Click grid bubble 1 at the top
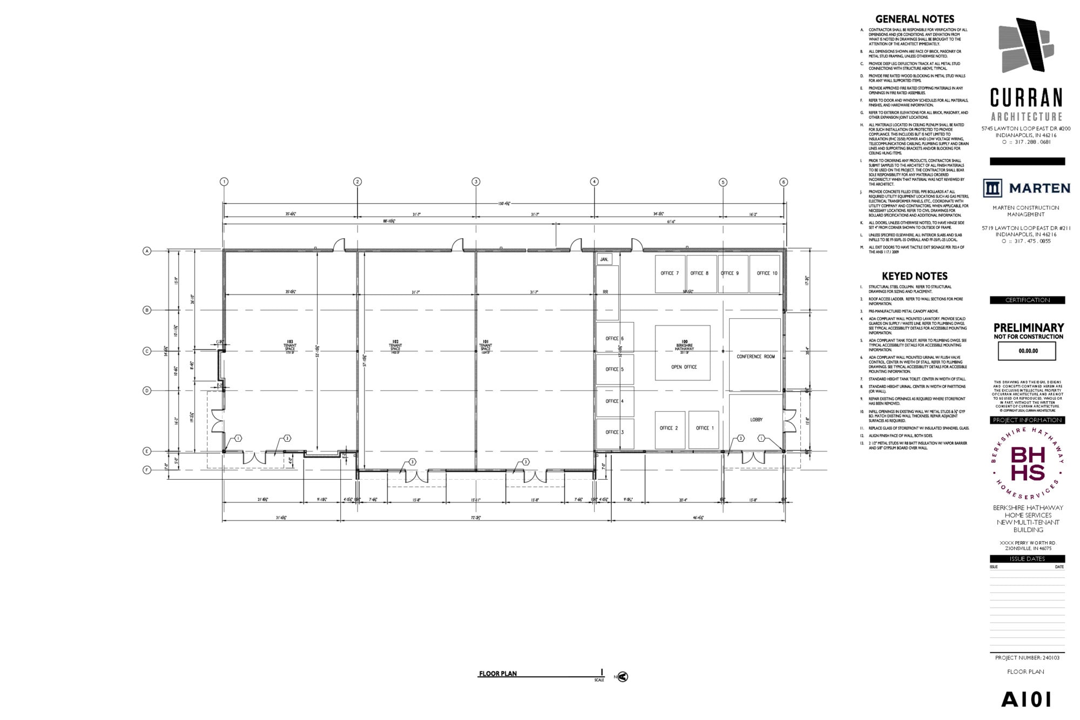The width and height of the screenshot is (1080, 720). pyautogui.click(x=224, y=181)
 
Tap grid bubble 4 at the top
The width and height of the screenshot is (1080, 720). pyautogui.click(x=594, y=181)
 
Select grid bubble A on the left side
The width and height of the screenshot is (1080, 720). pyautogui.click(x=146, y=251)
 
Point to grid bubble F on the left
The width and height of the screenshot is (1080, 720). pyautogui.click(x=146, y=470)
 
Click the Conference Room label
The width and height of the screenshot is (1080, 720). pyautogui.click(x=755, y=356)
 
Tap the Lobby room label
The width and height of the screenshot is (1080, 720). pyautogui.click(x=756, y=420)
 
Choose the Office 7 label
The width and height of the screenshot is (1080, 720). pyautogui.click(x=670, y=273)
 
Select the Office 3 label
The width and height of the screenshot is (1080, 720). pyautogui.click(x=615, y=432)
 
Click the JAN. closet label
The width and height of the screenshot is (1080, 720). pyautogui.click(x=604, y=260)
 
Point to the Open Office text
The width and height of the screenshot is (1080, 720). pyautogui.click(x=684, y=367)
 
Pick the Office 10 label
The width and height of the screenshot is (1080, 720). pyautogui.click(x=767, y=273)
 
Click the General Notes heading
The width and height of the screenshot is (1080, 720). pyautogui.click(x=915, y=19)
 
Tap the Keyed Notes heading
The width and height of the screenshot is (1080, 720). pyautogui.click(x=915, y=276)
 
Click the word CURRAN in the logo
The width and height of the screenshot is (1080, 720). pyautogui.click(x=1026, y=98)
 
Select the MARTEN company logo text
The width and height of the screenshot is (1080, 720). pyautogui.click(x=1039, y=188)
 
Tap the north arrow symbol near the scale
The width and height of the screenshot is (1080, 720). pyautogui.click(x=623, y=676)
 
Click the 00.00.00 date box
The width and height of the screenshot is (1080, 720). pyautogui.click(x=1028, y=351)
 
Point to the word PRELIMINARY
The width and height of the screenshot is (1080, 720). pyautogui.click(x=1028, y=328)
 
